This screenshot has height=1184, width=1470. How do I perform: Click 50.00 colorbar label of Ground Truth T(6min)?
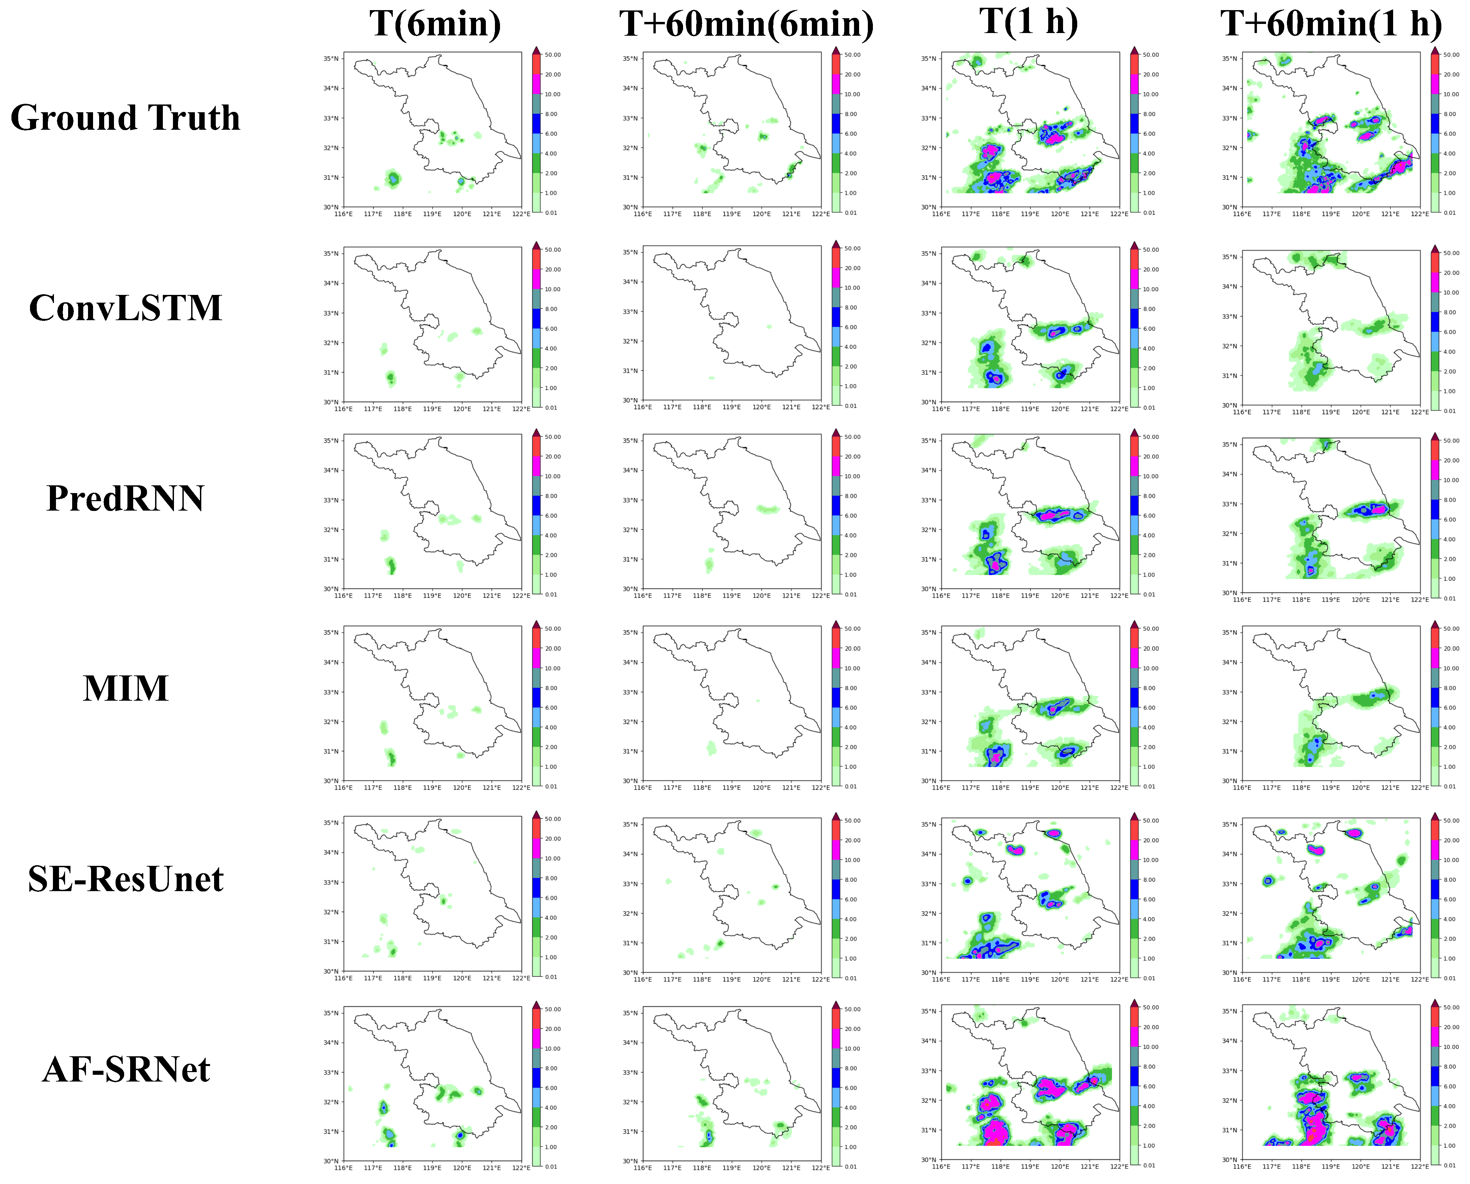(x=553, y=55)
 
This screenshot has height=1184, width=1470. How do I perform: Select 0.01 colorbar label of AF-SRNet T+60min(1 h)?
(x=1449, y=1165)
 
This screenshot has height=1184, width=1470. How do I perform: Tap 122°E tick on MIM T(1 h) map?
(x=1119, y=787)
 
